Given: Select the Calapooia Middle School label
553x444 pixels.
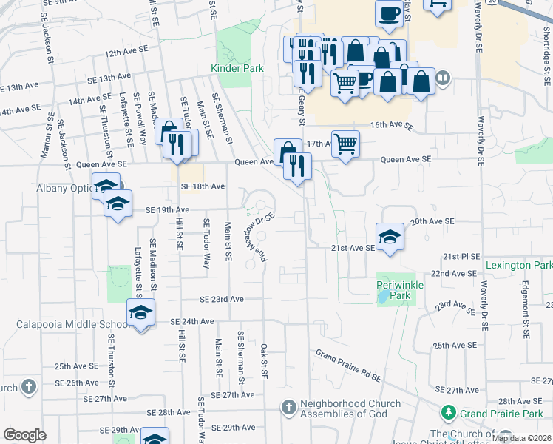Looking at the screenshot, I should (74, 325).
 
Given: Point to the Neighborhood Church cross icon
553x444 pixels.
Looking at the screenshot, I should (289, 408).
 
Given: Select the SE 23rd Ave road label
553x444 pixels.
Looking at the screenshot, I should (222, 299).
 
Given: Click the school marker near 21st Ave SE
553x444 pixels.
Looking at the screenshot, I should (390, 238).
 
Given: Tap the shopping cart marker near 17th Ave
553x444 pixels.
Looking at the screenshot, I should (345, 144).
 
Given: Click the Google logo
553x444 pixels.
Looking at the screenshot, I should (24, 434).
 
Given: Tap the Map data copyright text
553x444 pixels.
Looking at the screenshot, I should (521, 437).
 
